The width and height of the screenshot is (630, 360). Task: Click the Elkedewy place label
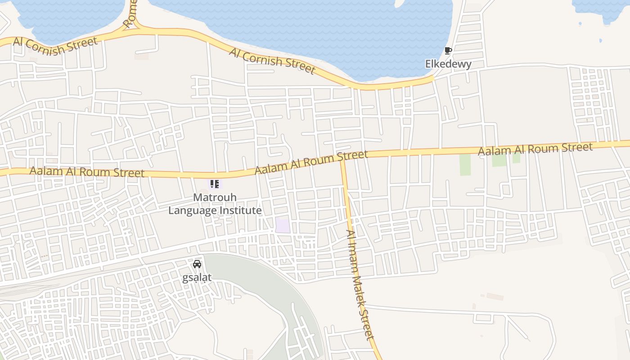[x=448, y=64]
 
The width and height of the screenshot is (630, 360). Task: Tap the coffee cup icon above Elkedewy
[x=448, y=50]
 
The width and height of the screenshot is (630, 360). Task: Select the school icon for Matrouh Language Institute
[x=215, y=184]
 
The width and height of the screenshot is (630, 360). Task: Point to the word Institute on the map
[x=238, y=210]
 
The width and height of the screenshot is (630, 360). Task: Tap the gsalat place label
[x=197, y=277]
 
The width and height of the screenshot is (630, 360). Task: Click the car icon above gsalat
[x=197, y=264]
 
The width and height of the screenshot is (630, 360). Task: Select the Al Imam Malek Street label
[x=360, y=284]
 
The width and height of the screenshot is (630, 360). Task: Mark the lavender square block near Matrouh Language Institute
[x=283, y=225]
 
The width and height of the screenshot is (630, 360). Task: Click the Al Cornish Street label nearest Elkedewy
[x=272, y=60]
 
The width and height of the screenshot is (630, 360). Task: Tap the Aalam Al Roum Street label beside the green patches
[x=535, y=149]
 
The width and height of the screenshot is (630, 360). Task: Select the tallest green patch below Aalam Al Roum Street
[x=465, y=165]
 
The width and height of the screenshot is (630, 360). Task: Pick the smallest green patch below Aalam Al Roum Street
[x=516, y=157]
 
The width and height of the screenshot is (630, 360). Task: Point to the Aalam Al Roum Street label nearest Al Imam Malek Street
[x=311, y=162]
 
